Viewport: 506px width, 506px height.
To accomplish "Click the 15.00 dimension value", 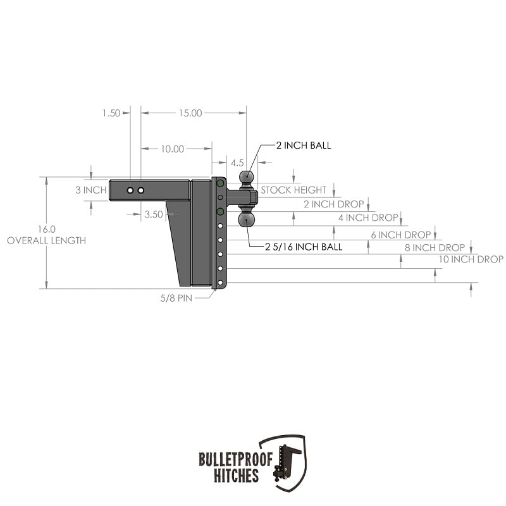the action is click(x=190, y=113).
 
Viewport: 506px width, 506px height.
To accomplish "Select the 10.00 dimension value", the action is click(x=172, y=149).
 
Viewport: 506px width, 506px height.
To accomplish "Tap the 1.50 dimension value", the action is click(x=111, y=113).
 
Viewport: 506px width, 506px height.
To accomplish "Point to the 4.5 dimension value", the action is click(x=237, y=163).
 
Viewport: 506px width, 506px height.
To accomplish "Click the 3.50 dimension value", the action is click(x=154, y=214).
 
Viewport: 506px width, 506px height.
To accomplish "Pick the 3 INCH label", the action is click(x=91, y=190).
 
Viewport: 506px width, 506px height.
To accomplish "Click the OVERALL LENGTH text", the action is click(x=46, y=241).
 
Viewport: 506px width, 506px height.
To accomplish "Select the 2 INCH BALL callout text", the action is click(x=304, y=145).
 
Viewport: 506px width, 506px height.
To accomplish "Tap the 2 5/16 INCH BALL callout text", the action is click(x=304, y=247).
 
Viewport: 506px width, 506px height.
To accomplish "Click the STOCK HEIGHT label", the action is click(x=293, y=190).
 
